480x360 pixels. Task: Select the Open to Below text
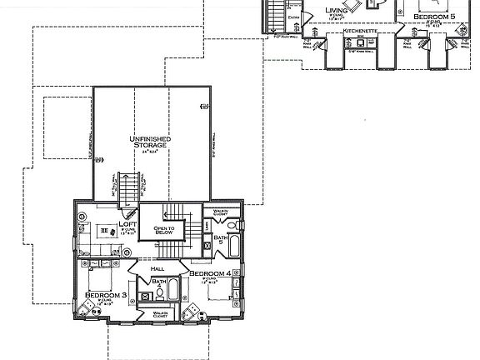point(162,231)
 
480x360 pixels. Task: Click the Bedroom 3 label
point(105,296)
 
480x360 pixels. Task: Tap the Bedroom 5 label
point(435,16)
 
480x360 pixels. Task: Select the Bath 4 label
point(158,283)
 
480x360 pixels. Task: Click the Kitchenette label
point(361,32)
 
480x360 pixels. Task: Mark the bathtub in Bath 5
point(234,247)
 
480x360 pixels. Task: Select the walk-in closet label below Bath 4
point(160,315)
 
